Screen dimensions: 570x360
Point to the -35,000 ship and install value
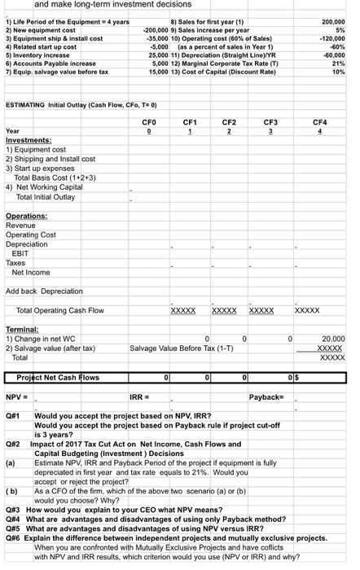(151, 38)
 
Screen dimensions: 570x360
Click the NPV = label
(17, 397)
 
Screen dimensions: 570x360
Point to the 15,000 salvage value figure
(151, 71)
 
